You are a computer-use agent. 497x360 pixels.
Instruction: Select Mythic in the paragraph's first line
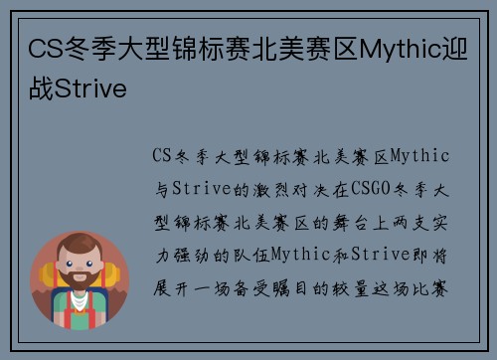point(421,157)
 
